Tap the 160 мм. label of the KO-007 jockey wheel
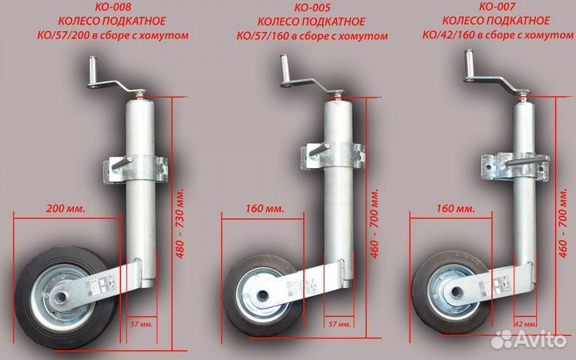coord(453,209)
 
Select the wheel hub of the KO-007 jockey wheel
coord(453,290)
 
